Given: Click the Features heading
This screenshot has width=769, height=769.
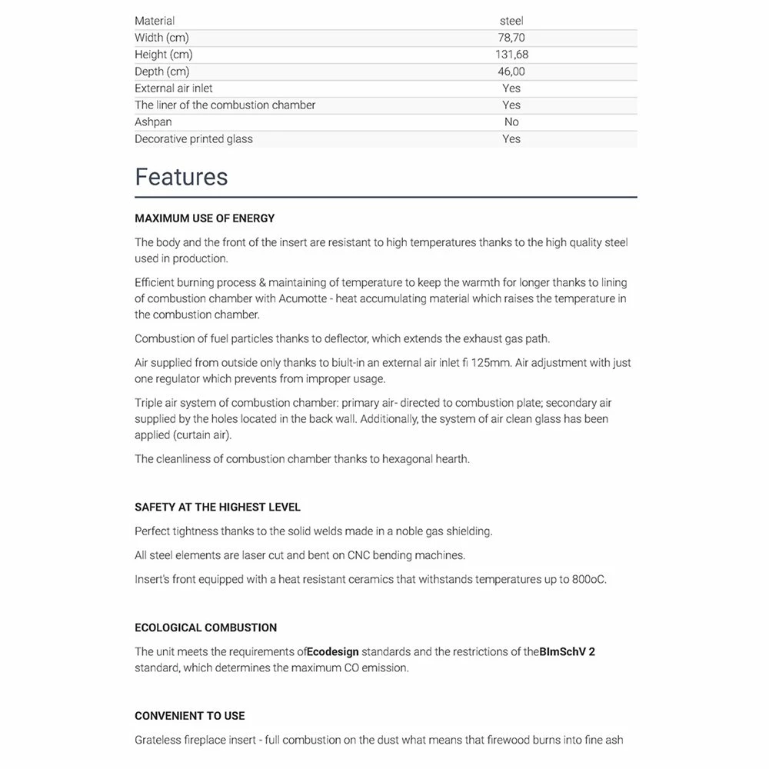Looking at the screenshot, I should pos(181,177).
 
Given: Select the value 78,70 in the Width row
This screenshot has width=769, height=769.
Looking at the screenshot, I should pos(511,38).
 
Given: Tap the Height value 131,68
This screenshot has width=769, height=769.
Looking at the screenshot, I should pos(511,55).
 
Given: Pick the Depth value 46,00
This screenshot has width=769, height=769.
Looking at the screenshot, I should pos(511,72).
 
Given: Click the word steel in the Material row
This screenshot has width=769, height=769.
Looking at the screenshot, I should pos(511,21).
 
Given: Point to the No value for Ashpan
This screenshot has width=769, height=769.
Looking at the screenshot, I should pos(511,122).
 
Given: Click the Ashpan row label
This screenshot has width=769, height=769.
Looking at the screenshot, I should pos(153,122).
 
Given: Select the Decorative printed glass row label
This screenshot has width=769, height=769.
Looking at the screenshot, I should pos(194,139).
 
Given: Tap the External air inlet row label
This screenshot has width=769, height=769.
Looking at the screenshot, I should pos(174,88).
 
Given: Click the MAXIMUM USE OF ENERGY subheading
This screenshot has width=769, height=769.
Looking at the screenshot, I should pos(205,218).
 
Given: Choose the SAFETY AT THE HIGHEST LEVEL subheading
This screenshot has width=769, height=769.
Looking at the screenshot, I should pos(218,508).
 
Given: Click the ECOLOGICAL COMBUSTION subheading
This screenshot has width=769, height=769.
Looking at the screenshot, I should pos(206,628).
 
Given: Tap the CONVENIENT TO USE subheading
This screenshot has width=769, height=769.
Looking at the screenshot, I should pos(190,716).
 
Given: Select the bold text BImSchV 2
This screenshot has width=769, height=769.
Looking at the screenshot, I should pos(568,652).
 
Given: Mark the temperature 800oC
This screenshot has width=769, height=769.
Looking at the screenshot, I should pos(588,580).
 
